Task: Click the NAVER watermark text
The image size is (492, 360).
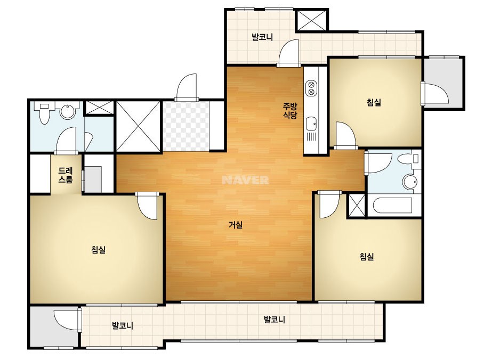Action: pyautogui.click(x=245, y=180)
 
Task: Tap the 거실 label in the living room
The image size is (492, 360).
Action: pyautogui.click(x=236, y=225)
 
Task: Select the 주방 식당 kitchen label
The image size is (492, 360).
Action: pyautogui.click(x=290, y=111)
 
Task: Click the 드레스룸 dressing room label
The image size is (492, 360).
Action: pyautogui.click(x=66, y=175)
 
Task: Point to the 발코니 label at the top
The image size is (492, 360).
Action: pyautogui.click(x=262, y=37)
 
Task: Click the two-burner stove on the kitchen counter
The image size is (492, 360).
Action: pyautogui.click(x=311, y=88)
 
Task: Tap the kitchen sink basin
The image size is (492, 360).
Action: pyautogui.click(x=311, y=124)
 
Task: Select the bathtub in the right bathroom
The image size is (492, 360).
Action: pyautogui.click(x=392, y=206)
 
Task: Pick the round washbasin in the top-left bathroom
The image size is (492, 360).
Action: pyautogui.click(x=68, y=111)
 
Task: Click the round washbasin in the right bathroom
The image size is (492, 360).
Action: pyautogui.click(x=410, y=181)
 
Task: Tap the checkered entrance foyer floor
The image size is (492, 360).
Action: pyautogui.click(x=185, y=126)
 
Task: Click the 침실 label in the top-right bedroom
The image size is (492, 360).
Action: pyautogui.click(x=374, y=102)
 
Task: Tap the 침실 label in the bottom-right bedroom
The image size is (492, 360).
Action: pyautogui.click(x=367, y=257)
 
